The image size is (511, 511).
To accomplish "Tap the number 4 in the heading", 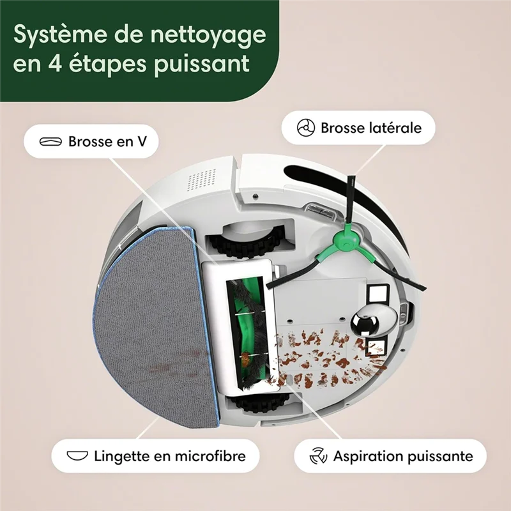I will tap(46, 65).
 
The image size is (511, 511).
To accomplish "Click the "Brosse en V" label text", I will tap(107, 142).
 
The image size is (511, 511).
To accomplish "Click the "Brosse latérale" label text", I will tap(370, 128).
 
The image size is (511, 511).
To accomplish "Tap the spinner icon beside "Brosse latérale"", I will tap(307, 128).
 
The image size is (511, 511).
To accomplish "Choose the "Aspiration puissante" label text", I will tap(402, 456).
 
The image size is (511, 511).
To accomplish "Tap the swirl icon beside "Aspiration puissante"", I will tap(318, 456).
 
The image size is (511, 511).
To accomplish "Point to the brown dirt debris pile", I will tap(326, 358).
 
